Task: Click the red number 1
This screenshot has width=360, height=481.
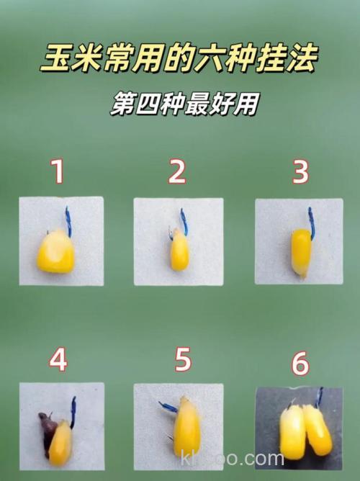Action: point(58,172)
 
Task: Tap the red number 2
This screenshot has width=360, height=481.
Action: point(177,172)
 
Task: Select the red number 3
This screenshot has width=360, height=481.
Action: point(300,172)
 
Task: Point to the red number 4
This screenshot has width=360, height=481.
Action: point(58,359)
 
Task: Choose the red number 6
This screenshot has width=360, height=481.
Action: point(300,364)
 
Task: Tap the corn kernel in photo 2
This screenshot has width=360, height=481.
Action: point(179,253)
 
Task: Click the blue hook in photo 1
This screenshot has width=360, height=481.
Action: point(68,220)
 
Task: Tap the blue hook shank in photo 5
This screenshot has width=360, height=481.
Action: point(170,408)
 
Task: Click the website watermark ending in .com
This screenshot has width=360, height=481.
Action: point(234,459)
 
